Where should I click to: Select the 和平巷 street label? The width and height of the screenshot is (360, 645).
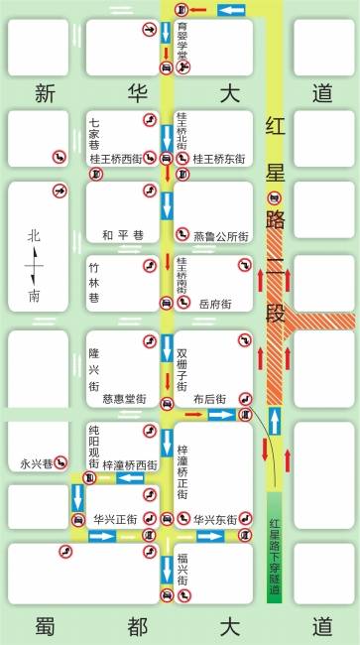(122, 235)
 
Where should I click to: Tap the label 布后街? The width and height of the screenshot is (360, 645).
(210, 399)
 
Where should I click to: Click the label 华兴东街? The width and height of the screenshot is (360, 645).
(213, 519)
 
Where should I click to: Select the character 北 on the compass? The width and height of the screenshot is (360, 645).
(35, 236)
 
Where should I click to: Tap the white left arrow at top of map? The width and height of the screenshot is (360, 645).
(230, 10)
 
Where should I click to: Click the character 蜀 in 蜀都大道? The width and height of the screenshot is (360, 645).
(44, 626)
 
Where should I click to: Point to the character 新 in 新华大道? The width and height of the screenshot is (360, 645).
(44, 94)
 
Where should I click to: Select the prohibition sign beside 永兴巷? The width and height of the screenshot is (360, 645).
(60, 461)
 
